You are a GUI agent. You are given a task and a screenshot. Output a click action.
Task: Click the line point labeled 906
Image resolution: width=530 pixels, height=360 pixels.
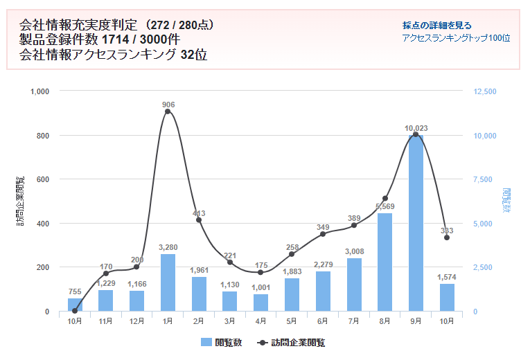coord(168,111)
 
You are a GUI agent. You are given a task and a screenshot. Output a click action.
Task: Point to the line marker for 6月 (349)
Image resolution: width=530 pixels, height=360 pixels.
coord(323,234)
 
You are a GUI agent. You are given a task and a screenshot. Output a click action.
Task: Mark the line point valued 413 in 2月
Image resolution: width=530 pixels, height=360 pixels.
coord(199,219)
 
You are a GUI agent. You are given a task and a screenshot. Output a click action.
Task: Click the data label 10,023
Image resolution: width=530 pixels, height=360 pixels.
coord(415,128)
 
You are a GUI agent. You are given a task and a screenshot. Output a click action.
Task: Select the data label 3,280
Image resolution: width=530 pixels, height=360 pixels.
coord(168,247)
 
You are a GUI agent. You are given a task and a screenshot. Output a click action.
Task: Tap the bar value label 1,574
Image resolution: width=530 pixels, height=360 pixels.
coord(447,277)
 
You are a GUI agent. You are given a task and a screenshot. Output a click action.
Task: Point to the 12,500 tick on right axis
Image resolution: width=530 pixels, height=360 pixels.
coord(484,91)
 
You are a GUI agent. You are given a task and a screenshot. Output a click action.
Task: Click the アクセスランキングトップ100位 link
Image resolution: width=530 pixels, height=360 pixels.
coord(456,38)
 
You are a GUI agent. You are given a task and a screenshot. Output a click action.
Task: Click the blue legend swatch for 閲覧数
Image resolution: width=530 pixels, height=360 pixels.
coord(206,342)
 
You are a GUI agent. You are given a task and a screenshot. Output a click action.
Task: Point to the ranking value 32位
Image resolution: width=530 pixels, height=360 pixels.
coord(193,55)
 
